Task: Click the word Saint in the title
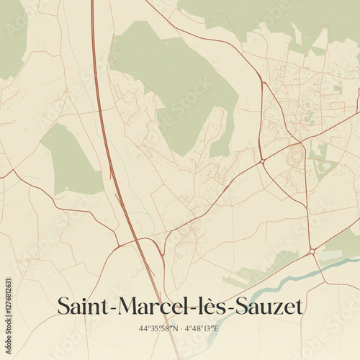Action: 81,307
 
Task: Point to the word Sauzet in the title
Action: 263,307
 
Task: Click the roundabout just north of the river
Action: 312,251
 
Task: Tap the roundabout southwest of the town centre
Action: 263,160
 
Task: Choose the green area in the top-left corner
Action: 11,36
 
